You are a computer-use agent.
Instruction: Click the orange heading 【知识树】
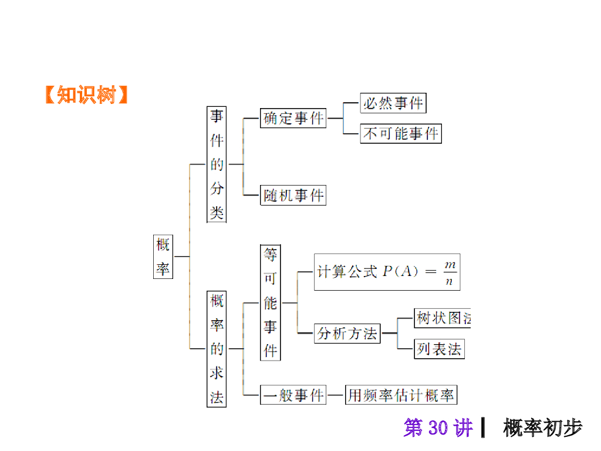coord(87,95)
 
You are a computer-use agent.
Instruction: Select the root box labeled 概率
coord(163,257)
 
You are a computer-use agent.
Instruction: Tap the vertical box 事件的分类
coord(217,164)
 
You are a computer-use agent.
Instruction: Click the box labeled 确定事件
coord(293,118)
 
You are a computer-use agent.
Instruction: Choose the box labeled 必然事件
coord(393,103)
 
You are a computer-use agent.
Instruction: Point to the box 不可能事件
coord(401,133)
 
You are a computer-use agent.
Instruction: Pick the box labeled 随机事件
coord(293,195)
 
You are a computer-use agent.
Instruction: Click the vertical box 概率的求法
coord(217,349)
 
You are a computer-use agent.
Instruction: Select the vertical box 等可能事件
coord(270,302)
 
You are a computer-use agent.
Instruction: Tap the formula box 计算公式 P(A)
coord(387,272)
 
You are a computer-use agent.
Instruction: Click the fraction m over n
coord(450,272)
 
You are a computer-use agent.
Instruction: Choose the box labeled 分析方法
coord(347,334)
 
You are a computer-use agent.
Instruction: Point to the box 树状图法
coord(443,318)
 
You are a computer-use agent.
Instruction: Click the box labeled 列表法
coord(439,349)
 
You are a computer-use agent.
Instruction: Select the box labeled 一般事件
coord(293,395)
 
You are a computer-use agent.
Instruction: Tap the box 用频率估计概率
coord(401,395)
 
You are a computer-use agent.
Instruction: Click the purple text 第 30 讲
coord(438,428)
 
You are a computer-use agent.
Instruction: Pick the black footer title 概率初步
coord(543,428)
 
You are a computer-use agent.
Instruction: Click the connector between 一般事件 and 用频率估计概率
coord(336,395)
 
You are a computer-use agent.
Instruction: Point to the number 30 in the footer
coord(438,428)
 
